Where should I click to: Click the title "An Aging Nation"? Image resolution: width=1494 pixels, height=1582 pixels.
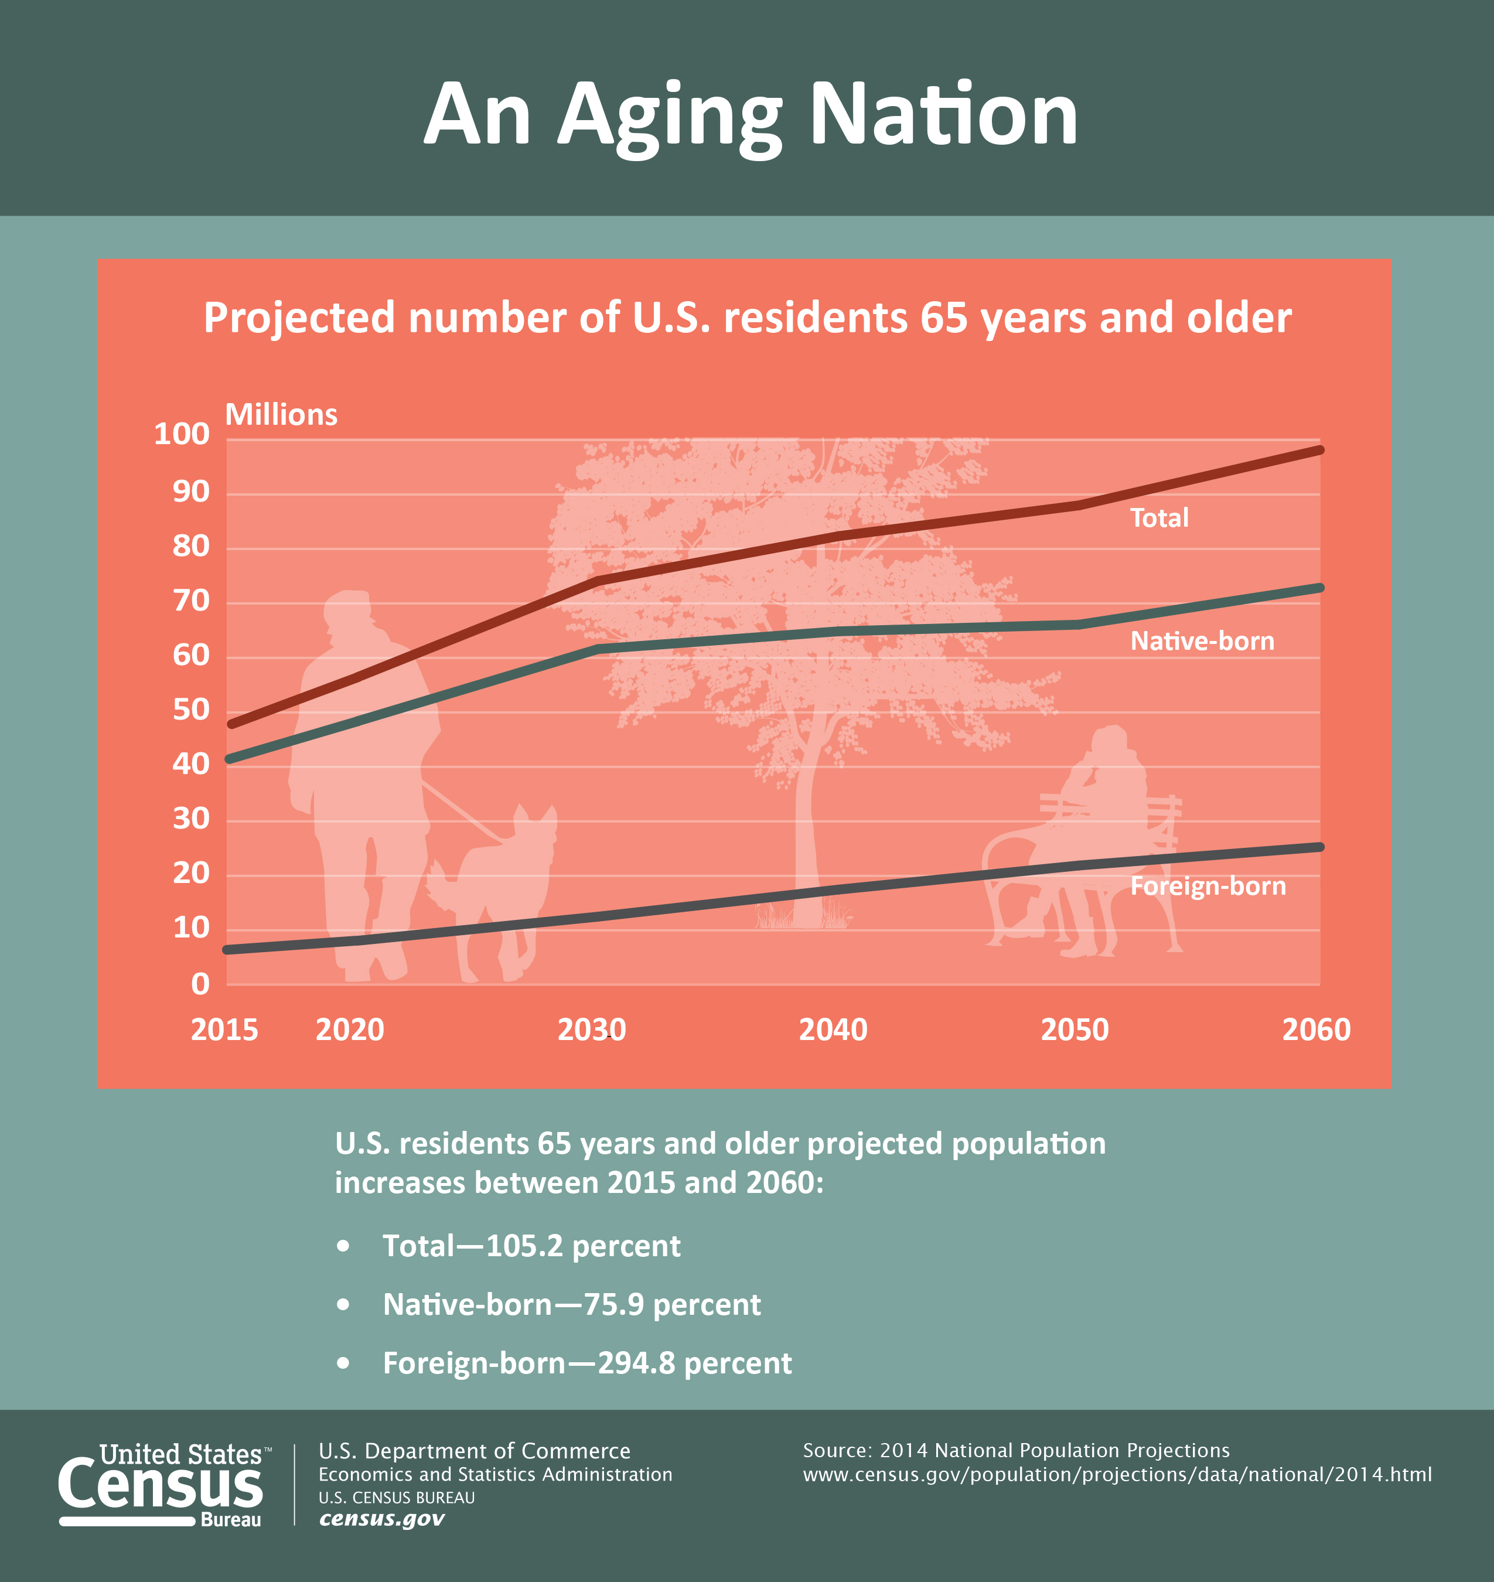(x=749, y=115)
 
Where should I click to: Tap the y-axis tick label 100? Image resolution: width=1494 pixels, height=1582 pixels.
(x=182, y=434)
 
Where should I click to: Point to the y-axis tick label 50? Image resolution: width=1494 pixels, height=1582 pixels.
(x=191, y=710)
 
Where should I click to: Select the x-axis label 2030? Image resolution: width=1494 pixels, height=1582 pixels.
(x=592, y=1030)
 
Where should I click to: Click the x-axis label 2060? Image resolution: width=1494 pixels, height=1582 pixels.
(x=1316, y=1030)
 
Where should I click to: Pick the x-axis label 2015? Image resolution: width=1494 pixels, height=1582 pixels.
(x=224, y=1030)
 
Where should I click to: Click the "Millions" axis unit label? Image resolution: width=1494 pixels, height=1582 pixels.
(x=281, y=414)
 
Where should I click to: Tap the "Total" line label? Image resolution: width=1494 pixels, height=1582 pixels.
(x=1159, y=518)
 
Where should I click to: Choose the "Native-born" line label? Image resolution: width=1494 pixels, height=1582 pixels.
(x=1202, y=641)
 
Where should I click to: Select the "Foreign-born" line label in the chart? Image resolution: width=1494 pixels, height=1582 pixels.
(x=1208, y=886)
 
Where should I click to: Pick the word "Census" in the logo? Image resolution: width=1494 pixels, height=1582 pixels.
(x=160, y=1485)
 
